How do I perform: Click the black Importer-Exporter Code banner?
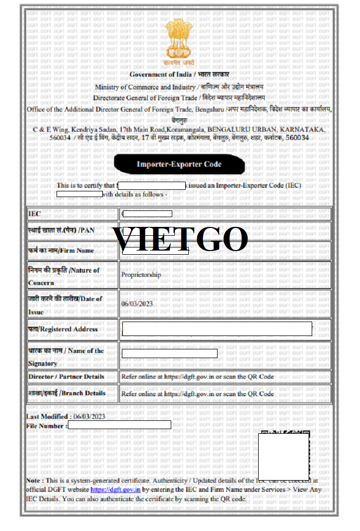pyautogui.click(x=179, y=164)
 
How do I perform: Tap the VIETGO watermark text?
pyautogui.click(x=180, y=239)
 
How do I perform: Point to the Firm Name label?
pyautogui.click(x=61, y=251)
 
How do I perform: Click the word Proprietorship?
pyautogui.click(x=141, y=275)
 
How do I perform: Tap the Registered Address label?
pyautogui.click(x=63, y=329)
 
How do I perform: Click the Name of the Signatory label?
pyautogui.click(x=66, y=357)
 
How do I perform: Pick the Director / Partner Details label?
pyautogui.click(x=66, y=377)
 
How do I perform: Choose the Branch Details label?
pyautogui.click(x=67, y=393)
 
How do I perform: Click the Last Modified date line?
pyautogui.click(x=66, y=416)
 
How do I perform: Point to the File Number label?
pyautogui.click(x=46, y=426)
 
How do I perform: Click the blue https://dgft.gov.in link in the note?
pyautogui.click(x=116, y=490)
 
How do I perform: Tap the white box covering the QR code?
pyautogui.click(x=283, y=456)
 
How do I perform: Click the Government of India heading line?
pyautogui.click(x=179, y=75)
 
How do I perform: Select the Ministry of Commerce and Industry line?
pyautogui.click(x=179, y=87)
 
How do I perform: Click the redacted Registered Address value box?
pyautogui.click(x=217, y=329)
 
